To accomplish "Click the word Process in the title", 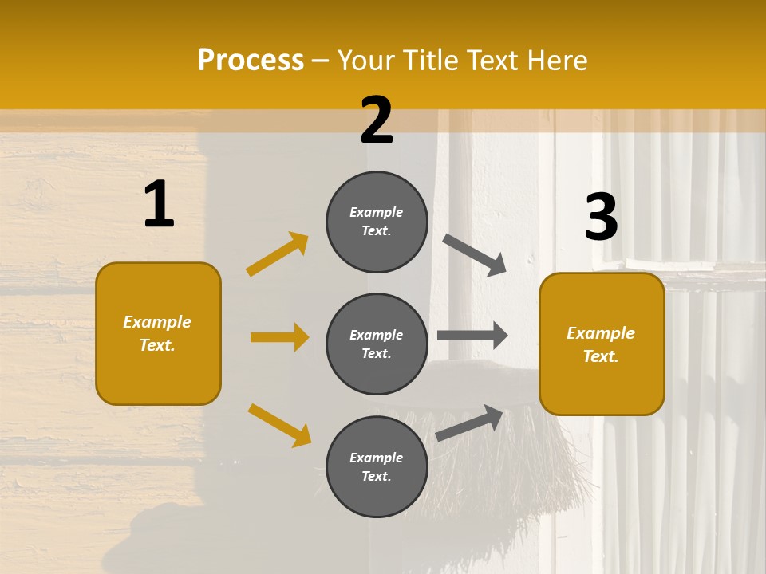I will pos(251,61).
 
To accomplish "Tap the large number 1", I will pos(159,204).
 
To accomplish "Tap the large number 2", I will pos(377,120).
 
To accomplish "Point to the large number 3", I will pos(601,217).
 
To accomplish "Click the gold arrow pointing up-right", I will pos(277,254).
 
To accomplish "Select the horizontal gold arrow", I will pos(279,337).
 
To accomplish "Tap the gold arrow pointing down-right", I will pos(279,425).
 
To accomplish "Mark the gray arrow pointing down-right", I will pos(475,254).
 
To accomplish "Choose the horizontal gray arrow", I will pos(472,336).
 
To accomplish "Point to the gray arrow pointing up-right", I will pos(469,423).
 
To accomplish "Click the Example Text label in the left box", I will pos(157,333).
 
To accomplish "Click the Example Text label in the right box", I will pos(601,344).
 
